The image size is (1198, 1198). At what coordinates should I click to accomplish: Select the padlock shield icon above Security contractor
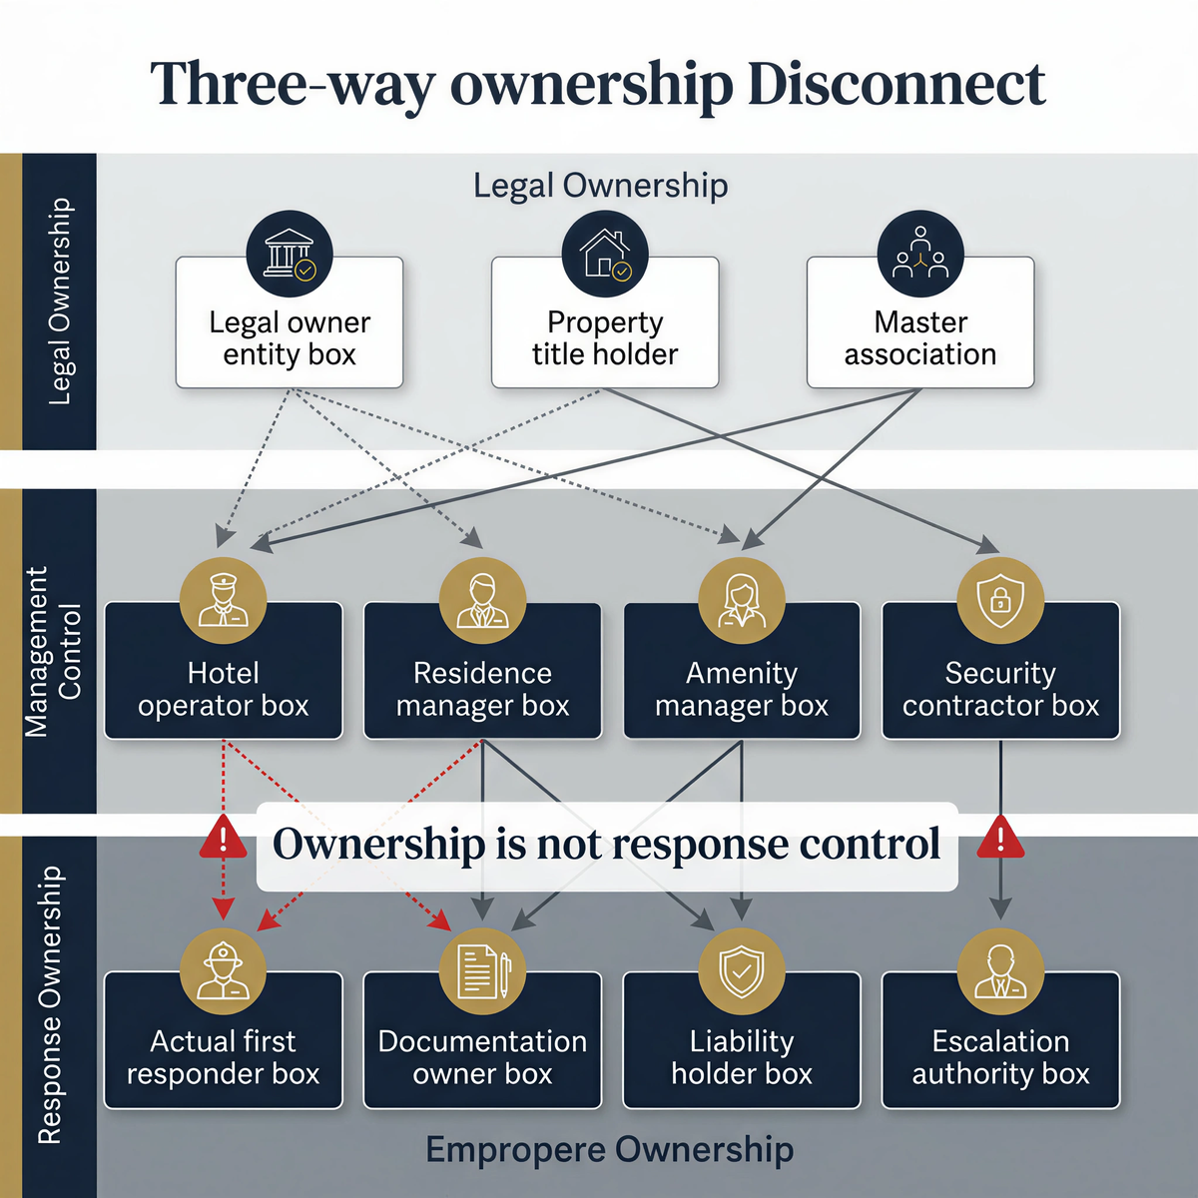1000,600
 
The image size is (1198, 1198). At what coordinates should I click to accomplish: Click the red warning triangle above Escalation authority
1000,840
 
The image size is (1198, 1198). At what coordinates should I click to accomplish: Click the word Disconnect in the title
896,84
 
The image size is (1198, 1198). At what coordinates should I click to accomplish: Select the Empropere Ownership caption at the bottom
609,1150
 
